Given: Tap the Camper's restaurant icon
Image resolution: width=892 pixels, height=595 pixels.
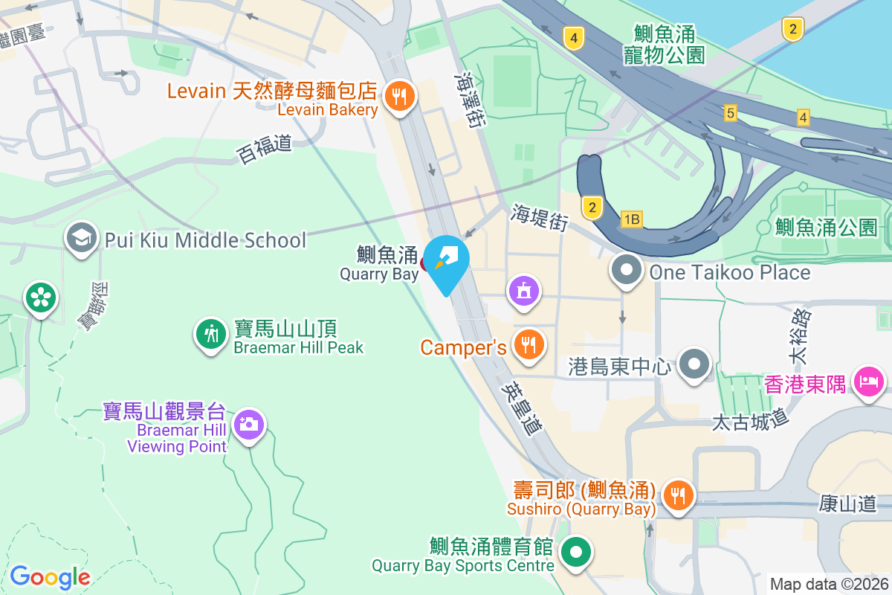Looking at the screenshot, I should point(528,345).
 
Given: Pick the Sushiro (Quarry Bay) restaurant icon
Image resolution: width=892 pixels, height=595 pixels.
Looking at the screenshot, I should point(676,493).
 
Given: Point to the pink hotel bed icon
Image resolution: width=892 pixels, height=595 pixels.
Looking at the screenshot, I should point(868,382).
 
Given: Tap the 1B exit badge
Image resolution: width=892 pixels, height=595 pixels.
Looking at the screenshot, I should point(631,219).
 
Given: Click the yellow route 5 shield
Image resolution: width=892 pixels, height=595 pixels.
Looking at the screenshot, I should point(731,113).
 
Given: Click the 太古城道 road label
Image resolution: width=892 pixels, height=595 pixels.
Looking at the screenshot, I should point(750,421).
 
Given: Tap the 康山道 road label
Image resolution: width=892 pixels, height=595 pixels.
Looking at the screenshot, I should point(848,504).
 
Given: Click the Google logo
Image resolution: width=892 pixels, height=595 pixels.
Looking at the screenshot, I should point(50,576).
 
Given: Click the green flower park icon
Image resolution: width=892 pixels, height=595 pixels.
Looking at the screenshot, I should point(41,297).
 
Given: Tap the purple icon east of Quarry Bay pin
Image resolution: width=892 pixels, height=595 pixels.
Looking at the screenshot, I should point(524,290).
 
